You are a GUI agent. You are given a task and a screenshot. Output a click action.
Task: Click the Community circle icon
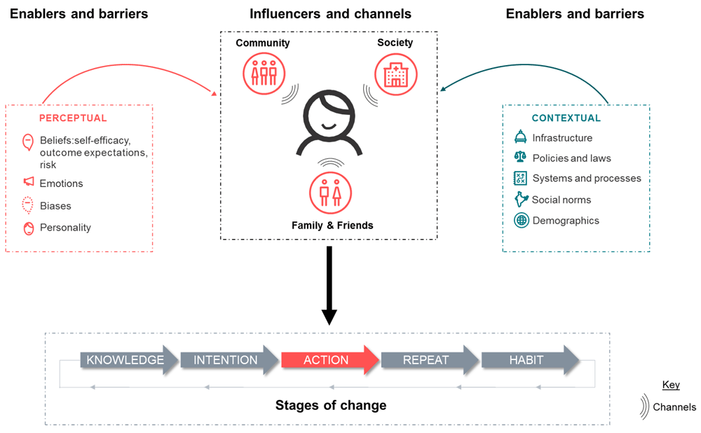[x=264, y=74]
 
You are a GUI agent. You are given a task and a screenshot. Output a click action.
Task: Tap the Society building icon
[x=395, y=74]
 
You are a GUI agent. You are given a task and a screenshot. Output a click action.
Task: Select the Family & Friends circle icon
[x=330, y=192]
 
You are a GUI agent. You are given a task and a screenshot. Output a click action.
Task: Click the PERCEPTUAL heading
[x=73, y=118]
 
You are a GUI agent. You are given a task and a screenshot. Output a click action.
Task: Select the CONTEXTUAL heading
[x=566, y=118]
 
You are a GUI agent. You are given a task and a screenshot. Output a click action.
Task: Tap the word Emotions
[x=61, y=184]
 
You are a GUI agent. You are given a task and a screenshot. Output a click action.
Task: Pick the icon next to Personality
[x=28, y=228]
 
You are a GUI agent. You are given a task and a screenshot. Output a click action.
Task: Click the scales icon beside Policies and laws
[x=520, y=158]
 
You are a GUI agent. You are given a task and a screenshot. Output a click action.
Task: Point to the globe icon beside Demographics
[x=521, y=221]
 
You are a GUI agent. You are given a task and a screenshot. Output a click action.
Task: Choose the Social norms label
[x=561, y=200]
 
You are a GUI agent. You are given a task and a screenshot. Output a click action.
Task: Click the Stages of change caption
[x=330, y=405]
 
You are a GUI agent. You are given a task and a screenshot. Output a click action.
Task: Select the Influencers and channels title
[x=330, y=13]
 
